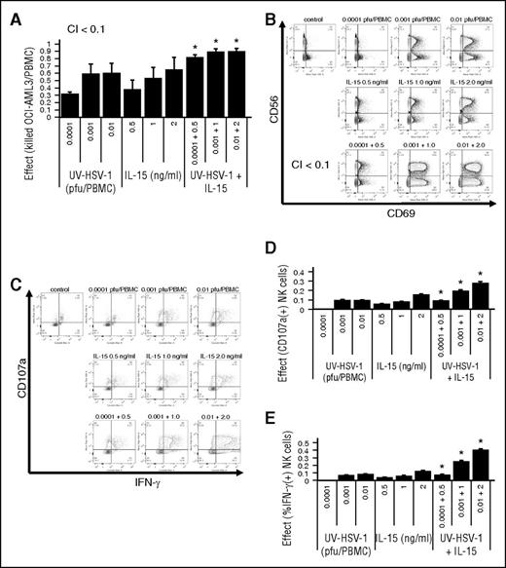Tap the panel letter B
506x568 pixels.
(271, 11)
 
